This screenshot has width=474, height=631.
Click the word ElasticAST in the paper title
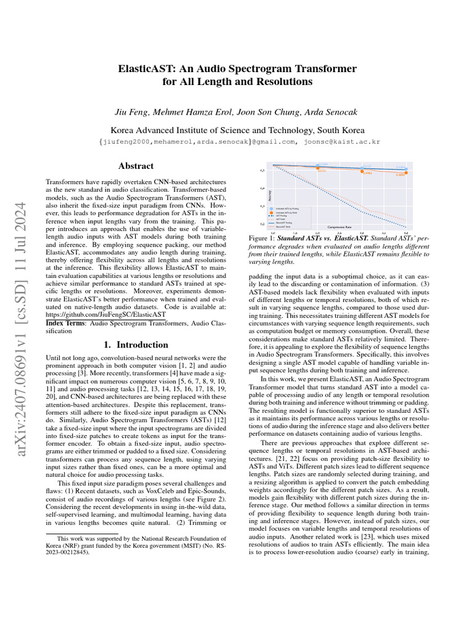[147, 68]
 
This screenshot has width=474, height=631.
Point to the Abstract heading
[136, 166]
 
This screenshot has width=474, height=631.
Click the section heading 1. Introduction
[136, 344]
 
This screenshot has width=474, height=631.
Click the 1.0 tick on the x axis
[273, 232]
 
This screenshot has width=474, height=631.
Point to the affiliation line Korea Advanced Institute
[237, 130]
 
